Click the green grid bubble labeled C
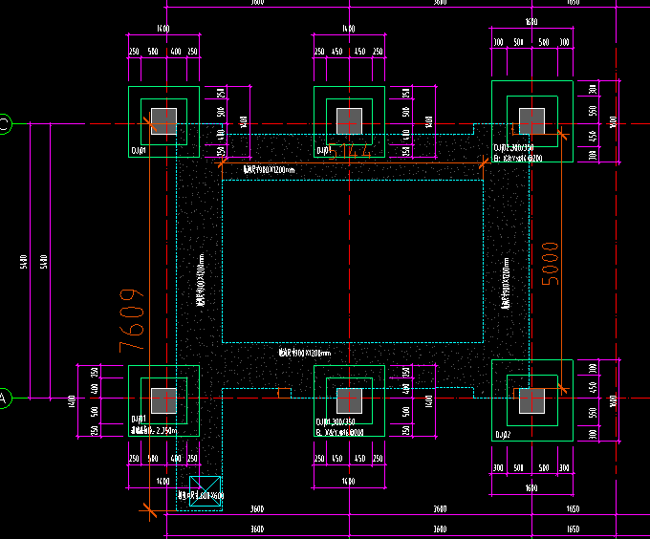coord(4,123)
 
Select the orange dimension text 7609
coord(131,319)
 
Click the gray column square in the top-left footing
coord(164,121)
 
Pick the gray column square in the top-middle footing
coord(349,121)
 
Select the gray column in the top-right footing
coord(531,122)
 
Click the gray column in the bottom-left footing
coord(163,400)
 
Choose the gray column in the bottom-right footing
coord(531,400)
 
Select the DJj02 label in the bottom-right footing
coord(503,434)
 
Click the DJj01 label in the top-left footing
coord(140,150)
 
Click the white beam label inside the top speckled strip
coord(270,170)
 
